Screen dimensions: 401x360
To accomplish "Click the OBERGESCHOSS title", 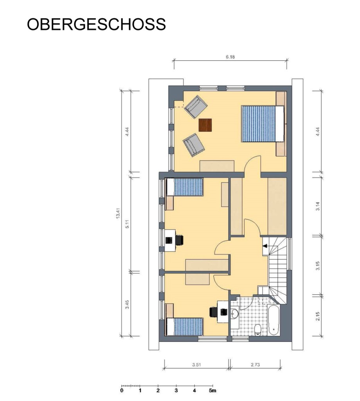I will coord(96,24).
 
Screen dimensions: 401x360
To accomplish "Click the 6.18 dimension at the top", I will coord(230,57).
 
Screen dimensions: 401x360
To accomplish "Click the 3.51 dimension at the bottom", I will coord(196,365).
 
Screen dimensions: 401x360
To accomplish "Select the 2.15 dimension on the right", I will coord(318,316).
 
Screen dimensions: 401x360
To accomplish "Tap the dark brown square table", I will coord(205,125).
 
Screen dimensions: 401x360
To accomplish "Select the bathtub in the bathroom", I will coord(274,321).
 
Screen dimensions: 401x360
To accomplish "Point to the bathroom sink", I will coord(235,314).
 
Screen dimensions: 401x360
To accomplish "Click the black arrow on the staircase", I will coord(265,246).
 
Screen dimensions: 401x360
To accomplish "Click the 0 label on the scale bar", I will coord(122,390).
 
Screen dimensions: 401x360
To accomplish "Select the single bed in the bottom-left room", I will coord(185,326).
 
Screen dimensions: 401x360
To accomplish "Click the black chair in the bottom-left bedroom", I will coord(213,312).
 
